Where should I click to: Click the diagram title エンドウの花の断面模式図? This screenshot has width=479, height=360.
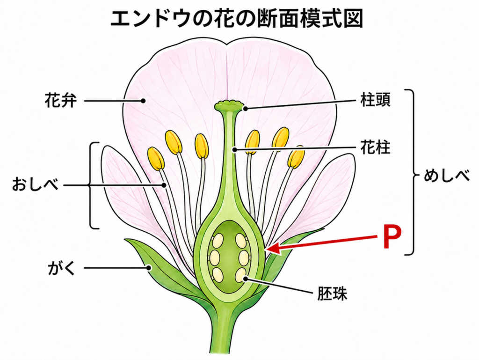(236, 18)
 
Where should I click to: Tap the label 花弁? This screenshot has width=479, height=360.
(60, 101)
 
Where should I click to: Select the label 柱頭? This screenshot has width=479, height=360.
(375, 99)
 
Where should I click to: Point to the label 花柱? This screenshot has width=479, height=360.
(375, 147)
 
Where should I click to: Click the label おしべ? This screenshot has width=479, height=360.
(35, 184)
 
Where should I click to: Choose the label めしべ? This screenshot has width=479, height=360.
(446, 176)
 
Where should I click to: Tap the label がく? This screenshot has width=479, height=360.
(61, 268)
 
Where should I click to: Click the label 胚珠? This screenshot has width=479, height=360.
(333, 294)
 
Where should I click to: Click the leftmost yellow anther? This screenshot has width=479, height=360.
(156, 159)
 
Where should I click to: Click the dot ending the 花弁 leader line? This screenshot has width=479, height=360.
(143, 101)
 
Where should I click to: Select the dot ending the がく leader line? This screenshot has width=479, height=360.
(149, 268)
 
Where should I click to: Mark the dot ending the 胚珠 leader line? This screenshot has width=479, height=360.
(245, 279)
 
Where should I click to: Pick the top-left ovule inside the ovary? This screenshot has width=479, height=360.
(218, 241)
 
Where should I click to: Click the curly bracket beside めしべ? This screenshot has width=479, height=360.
(411, 172)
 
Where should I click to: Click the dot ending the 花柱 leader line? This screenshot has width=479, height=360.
(234, 149)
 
